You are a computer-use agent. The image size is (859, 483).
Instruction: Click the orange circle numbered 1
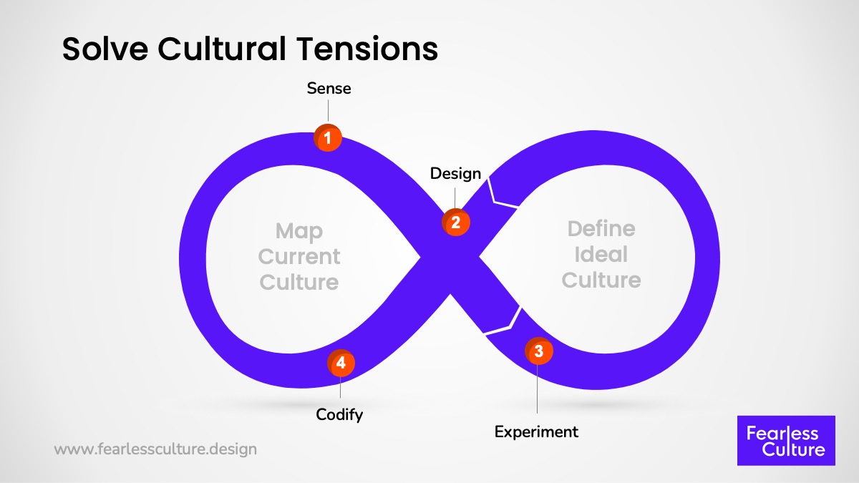(x=328, y=138)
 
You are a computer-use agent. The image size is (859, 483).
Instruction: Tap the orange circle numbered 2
(x=455, y=222)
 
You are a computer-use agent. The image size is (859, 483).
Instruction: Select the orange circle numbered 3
(x=538, y=351)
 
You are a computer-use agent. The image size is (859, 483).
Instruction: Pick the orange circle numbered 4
(x=341, y=363)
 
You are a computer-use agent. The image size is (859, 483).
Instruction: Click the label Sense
(x=329, y=89)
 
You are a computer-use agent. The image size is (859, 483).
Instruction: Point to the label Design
(x=455, y=173)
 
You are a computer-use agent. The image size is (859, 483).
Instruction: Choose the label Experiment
(x=537, y=431)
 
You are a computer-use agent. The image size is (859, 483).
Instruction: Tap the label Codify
(x=340, y=414)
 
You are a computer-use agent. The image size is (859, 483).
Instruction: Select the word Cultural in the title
(x=229, y=49)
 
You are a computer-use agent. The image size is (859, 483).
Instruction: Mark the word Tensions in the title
(x=377, y=49)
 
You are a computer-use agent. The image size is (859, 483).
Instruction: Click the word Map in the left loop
(x=299, y=231)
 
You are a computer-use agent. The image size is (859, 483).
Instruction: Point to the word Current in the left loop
(x=299, y=256)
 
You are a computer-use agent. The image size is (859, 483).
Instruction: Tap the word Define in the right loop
(x=601, y=229)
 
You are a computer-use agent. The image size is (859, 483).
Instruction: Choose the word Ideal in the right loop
(x=601, y=254)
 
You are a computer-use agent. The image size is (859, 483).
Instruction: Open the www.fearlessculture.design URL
(x=155, y=450)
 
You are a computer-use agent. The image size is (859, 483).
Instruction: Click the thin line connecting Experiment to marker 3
(x=537, y=390)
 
